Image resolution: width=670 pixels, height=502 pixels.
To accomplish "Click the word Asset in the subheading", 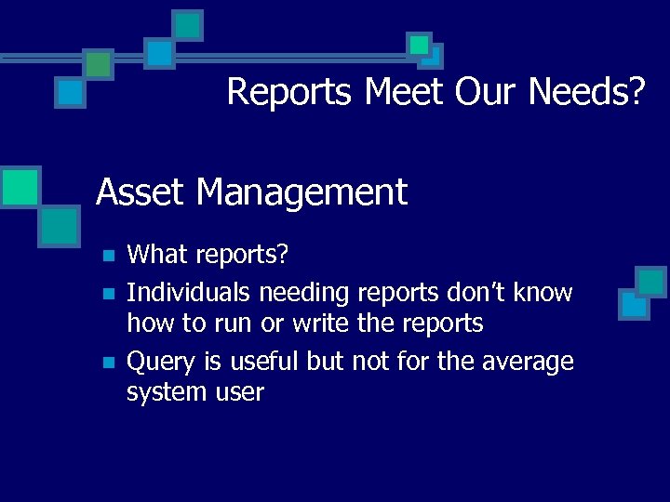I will tap(141, 192).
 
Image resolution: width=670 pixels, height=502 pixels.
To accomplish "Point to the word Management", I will tap(302, 193).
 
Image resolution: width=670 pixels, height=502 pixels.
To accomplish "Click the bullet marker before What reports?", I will tap(109, 255).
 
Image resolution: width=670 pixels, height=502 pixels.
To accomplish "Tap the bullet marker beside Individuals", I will tap(109, 294).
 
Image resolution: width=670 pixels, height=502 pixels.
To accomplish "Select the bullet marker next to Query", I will tap(109, 363).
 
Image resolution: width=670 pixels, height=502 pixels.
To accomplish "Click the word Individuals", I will tap(189, 293).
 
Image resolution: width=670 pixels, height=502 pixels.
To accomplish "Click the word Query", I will tap(158, 362).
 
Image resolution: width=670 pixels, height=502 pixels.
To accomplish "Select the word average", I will tap(528, 362).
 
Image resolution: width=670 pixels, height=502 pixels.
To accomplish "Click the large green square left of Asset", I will tap(20, 186).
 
